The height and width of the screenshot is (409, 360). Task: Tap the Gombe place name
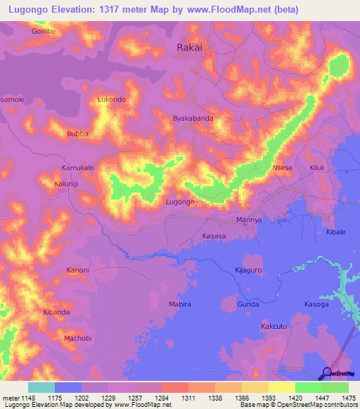44,32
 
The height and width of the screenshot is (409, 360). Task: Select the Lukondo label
112,100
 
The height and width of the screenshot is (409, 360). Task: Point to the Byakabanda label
193,119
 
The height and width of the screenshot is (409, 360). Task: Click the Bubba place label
76,133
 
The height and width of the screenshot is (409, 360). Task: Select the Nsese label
282,169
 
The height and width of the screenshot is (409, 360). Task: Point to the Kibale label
336,232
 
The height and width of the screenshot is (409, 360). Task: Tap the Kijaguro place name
247,270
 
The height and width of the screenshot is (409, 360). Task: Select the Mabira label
180,304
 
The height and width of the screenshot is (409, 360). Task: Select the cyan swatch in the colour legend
41,387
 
